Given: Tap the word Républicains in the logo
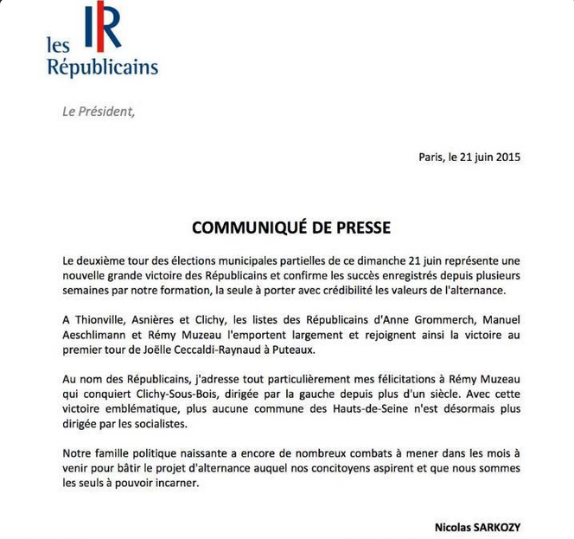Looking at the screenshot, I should click(102, 67).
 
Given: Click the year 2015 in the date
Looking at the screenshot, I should click(505, 157).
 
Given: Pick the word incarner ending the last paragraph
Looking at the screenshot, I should click(173, 484).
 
